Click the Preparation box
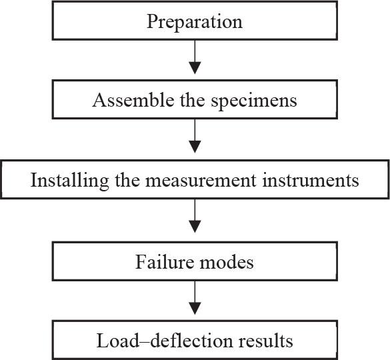coord(195,21)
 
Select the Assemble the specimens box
coord(195,101)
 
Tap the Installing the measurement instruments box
coord(195,181)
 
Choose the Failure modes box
coord(195,261)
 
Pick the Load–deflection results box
coord(195,341)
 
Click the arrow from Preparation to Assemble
coord(195,61)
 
